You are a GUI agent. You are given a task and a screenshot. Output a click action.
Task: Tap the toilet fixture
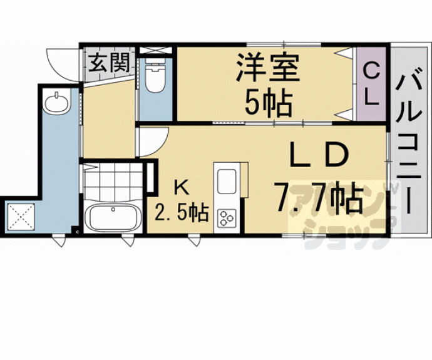click(x=152, y=79)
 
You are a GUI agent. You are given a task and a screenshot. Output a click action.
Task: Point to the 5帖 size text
click(x=268, y=101)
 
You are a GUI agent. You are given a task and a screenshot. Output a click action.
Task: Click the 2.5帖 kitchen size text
click(x=182, y=213)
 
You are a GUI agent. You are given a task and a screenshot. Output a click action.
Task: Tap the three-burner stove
click(x=225, y=219)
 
